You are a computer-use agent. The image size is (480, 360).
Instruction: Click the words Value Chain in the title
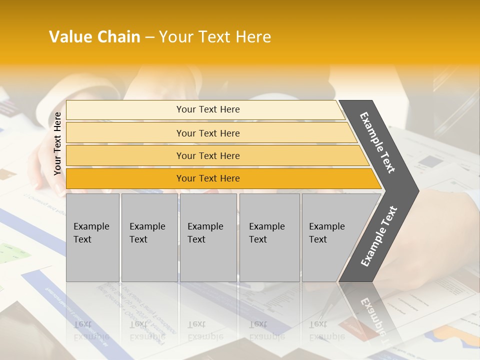94,37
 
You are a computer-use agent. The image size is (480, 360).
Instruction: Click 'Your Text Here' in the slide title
215,37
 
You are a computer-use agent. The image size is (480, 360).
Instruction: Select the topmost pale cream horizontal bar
125,110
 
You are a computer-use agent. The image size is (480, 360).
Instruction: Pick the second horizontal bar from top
125,133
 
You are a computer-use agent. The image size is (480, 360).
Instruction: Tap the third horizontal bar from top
125,156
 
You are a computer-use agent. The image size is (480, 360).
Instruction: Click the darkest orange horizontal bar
125,178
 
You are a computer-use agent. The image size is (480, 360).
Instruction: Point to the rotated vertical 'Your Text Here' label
57,143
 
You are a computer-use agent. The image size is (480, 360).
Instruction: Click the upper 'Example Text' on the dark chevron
377,142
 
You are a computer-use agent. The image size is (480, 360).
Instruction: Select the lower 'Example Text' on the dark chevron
379,236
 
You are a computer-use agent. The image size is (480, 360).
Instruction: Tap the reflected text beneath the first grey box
91,330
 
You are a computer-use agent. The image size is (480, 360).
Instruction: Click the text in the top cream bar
208,109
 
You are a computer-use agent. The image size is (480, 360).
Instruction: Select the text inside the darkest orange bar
208,178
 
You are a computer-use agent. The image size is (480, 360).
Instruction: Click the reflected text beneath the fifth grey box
326,330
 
